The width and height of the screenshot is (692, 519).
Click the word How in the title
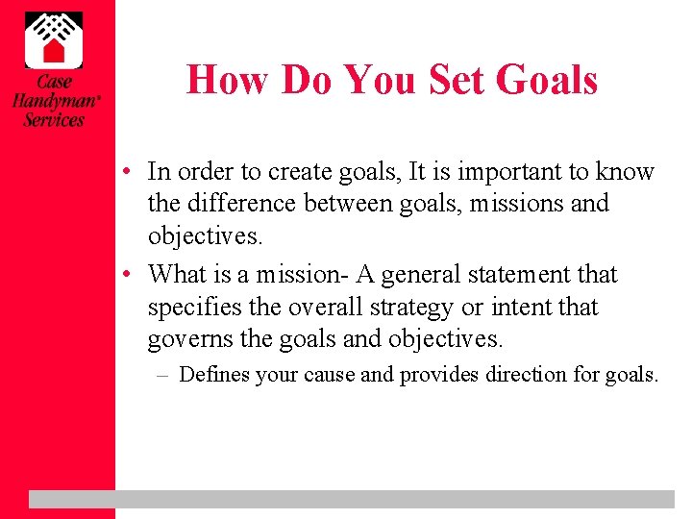point(226,79)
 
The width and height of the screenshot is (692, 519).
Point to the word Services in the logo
point(54,120)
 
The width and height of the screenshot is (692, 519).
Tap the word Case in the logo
point(53,83)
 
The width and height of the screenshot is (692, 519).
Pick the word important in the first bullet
point(507,172)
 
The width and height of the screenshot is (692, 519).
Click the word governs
point(191,339)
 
